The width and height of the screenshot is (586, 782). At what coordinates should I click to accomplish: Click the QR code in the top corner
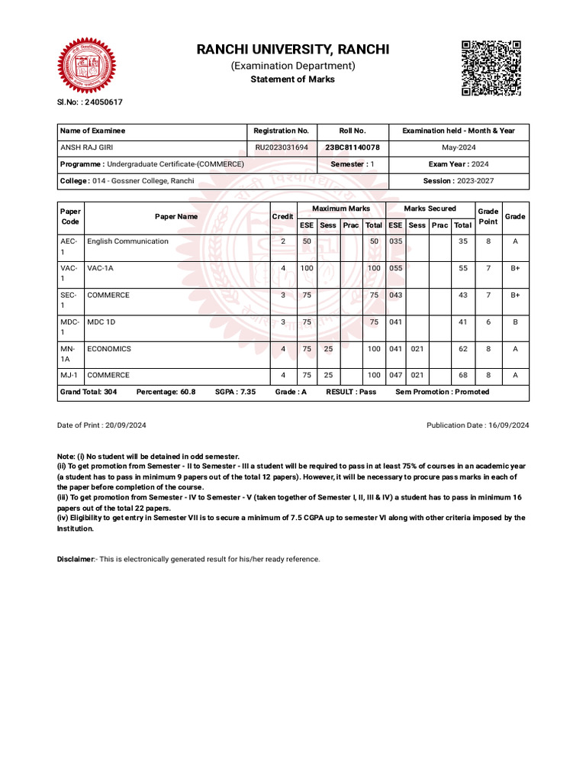click(491, 68)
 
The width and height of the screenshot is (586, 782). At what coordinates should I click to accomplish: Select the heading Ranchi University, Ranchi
click(293, 50)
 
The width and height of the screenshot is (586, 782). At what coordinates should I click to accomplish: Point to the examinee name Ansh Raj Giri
click(86, 147)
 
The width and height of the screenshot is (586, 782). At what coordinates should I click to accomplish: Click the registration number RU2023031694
click(282, 147)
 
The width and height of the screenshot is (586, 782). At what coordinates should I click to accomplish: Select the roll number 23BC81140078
click(353, 147)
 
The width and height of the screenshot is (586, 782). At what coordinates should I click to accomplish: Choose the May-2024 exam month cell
click(459, 147)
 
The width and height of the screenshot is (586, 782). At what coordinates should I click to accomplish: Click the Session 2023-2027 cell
click(459, 181)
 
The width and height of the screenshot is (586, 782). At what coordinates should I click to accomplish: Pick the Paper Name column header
click(176, 217)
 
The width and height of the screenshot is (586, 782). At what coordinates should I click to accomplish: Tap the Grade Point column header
click(488, 216)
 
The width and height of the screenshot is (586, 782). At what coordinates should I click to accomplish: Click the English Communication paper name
click(127, 241)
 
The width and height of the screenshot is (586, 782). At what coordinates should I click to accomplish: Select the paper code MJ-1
click(69, 376)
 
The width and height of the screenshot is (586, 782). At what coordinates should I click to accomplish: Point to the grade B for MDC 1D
click(515, 322)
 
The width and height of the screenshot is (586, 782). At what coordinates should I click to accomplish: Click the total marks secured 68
click(462, 376)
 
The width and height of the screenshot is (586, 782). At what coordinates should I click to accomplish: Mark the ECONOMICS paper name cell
click(109, 349)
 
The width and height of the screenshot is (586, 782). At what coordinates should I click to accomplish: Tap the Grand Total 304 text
click(89, 392)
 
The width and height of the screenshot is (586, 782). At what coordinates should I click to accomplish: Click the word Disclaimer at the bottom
click(75, 559)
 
